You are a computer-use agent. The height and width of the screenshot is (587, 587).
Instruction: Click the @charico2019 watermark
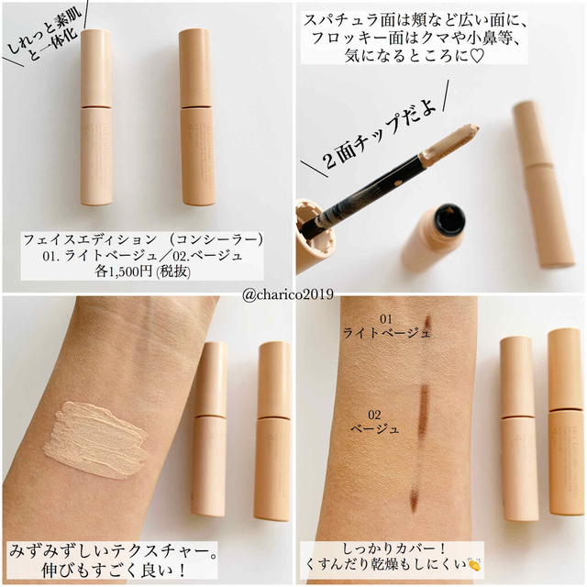click(287, 294)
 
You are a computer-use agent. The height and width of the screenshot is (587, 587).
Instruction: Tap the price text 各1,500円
click(124, 271)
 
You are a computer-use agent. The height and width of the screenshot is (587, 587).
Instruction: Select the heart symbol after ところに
click(477, 56)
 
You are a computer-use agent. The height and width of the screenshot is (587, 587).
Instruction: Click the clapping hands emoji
click(473, 564)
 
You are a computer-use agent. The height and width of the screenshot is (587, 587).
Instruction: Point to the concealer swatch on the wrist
click(94, 439)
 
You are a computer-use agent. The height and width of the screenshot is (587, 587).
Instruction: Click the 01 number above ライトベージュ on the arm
click(386, 319)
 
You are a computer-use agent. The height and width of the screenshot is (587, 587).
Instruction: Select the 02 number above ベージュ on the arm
click(374, 415)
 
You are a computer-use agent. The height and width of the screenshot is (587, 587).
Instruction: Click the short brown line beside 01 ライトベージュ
click(428, 324)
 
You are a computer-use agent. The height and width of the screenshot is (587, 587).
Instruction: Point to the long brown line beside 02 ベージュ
click(424, 410)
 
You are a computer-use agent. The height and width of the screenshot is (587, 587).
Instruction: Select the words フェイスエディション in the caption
click(90, 239)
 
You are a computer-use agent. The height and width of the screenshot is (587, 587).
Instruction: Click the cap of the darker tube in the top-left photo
click(194, 69)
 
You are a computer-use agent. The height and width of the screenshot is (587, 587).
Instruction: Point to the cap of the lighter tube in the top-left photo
click(95, 68)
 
